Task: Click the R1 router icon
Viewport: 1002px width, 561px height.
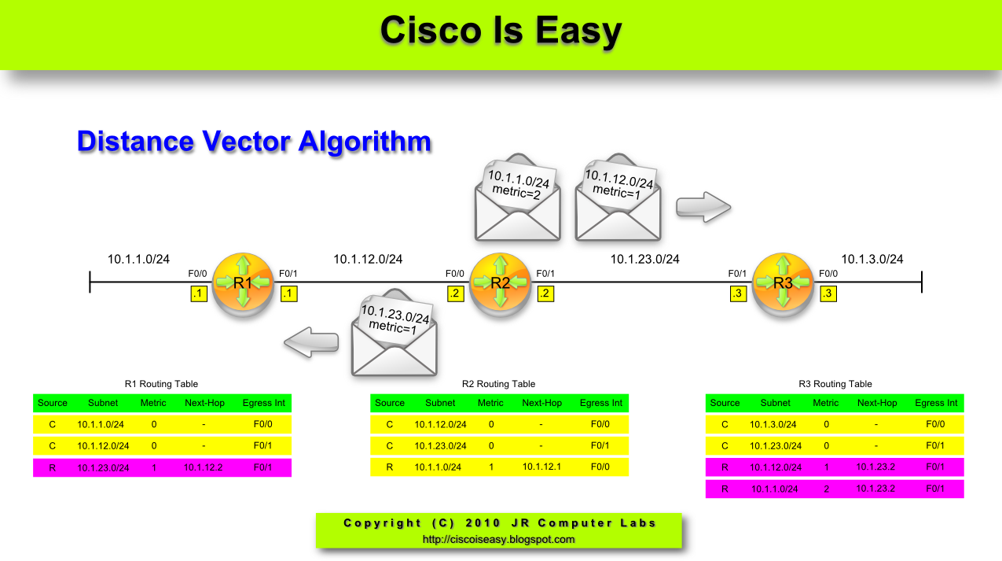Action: click(x=243, y=283)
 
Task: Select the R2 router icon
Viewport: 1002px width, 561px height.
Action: click(x=501, y=283)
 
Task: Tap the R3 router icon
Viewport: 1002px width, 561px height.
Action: click(x=783, y=283)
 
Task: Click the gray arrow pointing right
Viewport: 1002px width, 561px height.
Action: click(x=703, y=207)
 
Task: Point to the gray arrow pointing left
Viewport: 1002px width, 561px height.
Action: click(x=311, y=343)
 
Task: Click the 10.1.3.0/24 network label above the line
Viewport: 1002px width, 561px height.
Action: click(x=872, y=259)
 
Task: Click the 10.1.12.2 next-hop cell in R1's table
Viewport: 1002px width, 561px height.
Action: click(x=204, y=467)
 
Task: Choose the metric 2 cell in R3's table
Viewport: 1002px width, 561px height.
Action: click(x=825, y=489)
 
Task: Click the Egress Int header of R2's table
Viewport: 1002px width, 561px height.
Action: click(x=600, y=403)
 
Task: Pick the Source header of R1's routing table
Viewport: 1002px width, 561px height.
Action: click(x=53, y=403)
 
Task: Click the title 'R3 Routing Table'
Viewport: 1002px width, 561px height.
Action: click(x=835, y=384)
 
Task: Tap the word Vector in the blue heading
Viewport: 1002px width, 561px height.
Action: click(x=246, y=142)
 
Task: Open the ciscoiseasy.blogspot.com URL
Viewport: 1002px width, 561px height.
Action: click(x=498, y=540)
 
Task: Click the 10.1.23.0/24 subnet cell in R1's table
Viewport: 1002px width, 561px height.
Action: click(x=103, y=467)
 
